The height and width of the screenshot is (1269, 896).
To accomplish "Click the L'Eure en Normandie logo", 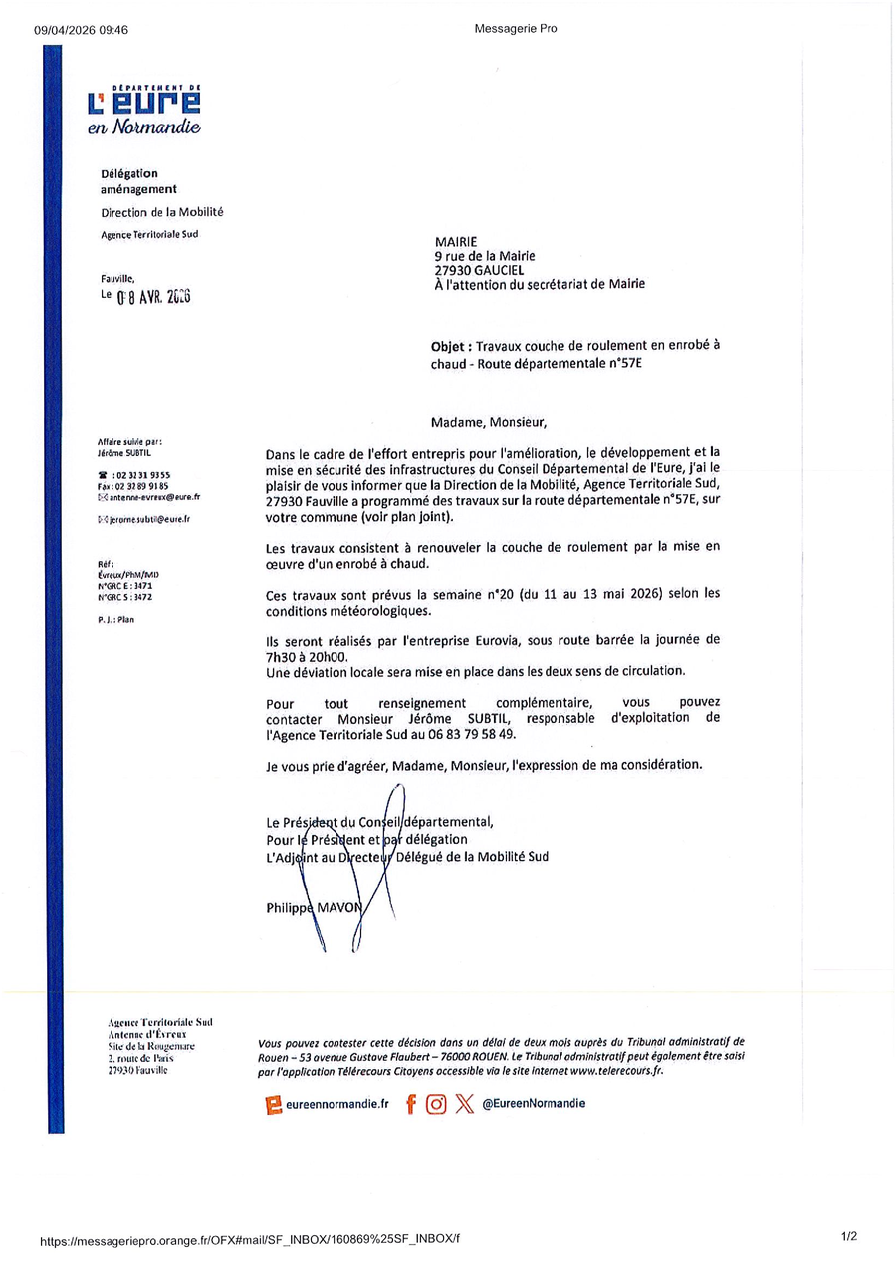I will coord(144,110).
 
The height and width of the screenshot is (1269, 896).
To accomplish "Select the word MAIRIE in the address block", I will coord(456,242).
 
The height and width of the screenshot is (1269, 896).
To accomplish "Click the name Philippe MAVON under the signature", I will coord(315,907).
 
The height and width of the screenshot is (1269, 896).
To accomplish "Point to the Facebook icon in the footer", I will coord(410,1104).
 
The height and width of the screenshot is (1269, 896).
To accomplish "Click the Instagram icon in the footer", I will coord(436,1104).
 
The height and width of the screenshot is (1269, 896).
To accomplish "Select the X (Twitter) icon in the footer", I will coord(464,1104).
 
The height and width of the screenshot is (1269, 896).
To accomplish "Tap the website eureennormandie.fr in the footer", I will coord(336,1104).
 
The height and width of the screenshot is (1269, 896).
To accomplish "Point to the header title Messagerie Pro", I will coord(516,29).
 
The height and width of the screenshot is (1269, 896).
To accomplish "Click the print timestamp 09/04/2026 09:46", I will coord(81,30).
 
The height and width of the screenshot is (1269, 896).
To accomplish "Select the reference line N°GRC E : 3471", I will coord(124,586).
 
